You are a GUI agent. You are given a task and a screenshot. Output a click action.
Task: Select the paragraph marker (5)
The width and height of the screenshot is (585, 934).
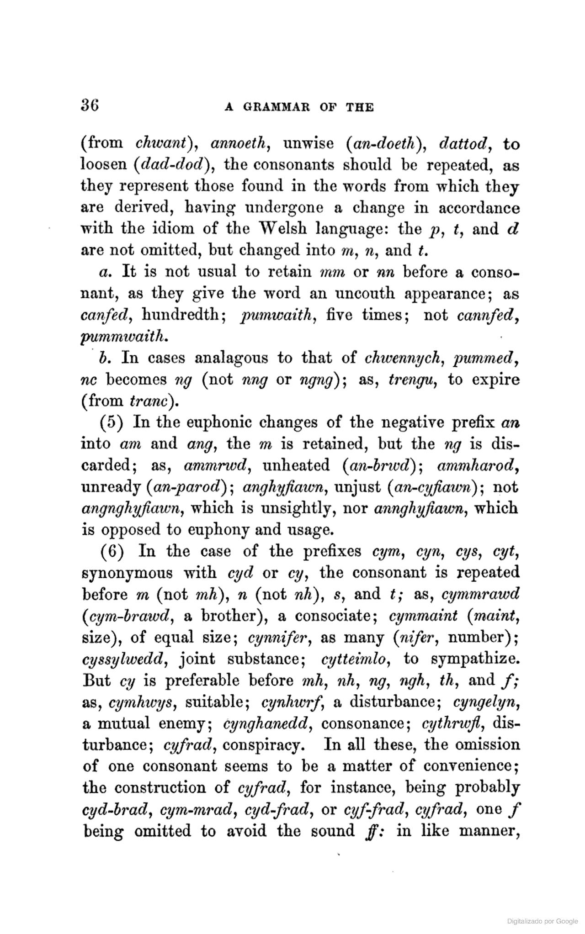pos(112,422)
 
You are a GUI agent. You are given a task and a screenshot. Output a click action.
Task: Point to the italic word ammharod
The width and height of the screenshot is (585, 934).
pos(477,465)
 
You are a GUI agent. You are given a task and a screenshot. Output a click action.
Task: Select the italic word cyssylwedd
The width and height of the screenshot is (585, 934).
pos(125,659)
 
